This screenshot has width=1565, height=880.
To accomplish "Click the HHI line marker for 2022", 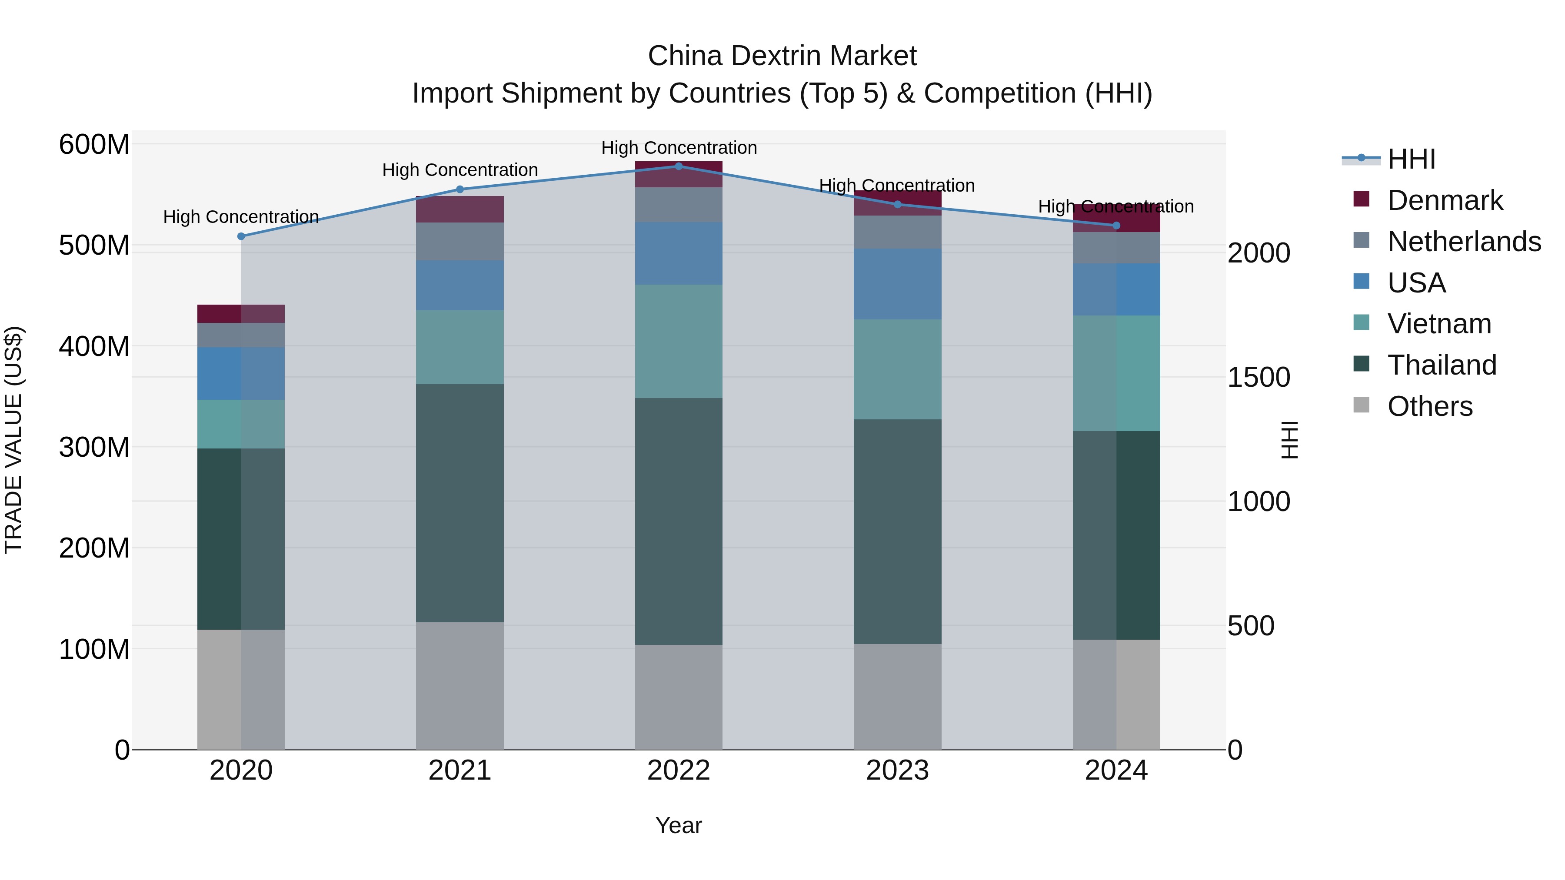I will point(679,166).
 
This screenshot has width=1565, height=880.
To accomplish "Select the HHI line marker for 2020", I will point(241,236).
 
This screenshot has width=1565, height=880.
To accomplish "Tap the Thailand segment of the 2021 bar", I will point(460,503).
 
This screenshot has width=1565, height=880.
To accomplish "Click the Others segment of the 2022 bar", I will point(679,697).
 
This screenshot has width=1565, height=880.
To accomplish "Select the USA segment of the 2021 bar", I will point(460,286).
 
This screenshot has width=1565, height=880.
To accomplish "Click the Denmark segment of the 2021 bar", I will point(460,209).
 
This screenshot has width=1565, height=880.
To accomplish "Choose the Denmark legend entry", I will point(1445,200).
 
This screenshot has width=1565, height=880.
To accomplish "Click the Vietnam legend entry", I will point(1438,324).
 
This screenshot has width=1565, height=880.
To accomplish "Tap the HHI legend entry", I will point(1411,159).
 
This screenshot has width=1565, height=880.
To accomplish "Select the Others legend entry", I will point(1429,406).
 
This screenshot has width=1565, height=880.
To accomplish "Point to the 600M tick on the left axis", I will point(94,145).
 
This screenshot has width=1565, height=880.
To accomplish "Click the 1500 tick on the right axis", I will point(1259,378).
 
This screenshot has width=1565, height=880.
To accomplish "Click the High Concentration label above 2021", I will point(460,170).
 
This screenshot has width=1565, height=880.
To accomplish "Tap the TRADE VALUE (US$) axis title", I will point(13,440).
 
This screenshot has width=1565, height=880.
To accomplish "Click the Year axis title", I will point(679,825).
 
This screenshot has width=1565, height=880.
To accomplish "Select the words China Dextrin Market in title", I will point(782,56).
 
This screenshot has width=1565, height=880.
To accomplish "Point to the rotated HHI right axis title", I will point(1288,440).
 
